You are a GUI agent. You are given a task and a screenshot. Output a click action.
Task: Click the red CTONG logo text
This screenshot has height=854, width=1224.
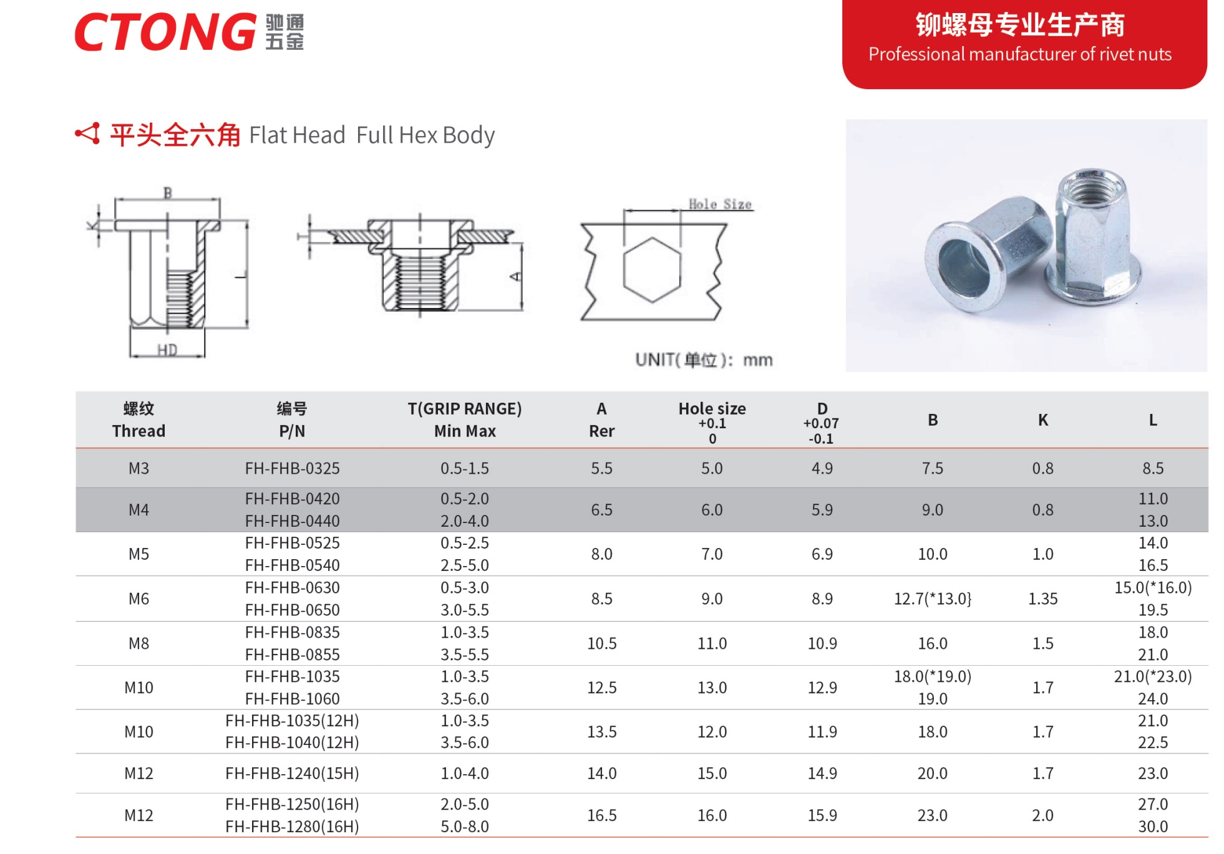point(165,32)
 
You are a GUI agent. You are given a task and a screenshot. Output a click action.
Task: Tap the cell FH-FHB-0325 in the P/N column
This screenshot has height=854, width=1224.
point(292,468)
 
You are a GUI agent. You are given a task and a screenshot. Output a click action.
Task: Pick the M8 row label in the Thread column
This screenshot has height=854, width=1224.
point(138,643)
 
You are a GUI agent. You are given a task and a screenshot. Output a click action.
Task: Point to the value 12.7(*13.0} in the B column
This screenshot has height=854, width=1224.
point(932,599)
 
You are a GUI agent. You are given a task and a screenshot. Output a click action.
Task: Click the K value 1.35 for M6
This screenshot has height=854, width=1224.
point(1042,599)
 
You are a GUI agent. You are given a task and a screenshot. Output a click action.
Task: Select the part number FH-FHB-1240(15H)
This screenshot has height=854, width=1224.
point(292,774)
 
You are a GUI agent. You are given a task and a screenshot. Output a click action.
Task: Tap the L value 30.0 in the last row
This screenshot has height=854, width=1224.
point(1152,827)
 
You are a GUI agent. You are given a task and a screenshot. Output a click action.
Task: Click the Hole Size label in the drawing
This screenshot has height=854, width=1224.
point(719,204)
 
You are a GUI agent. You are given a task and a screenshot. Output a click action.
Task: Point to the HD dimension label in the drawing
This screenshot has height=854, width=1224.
point(167,350)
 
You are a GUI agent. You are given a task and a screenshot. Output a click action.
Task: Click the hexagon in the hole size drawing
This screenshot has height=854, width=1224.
point(651,270)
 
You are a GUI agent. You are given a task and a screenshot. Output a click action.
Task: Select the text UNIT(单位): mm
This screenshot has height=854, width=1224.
point(704,360)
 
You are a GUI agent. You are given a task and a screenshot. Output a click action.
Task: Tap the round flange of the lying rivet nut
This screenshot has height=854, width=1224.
point(961,268)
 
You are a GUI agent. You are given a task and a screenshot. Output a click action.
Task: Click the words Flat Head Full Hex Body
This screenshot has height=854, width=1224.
point(372,135)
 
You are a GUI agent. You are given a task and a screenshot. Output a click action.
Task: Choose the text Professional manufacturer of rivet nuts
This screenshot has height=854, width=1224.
point(1019,54)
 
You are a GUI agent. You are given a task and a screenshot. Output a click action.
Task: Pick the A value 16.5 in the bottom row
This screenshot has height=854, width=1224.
point(601,815)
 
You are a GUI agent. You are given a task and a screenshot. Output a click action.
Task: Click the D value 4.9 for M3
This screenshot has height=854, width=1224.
point(822,468)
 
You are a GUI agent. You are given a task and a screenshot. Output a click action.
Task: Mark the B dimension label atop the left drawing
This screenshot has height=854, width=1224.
point(167,193)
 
